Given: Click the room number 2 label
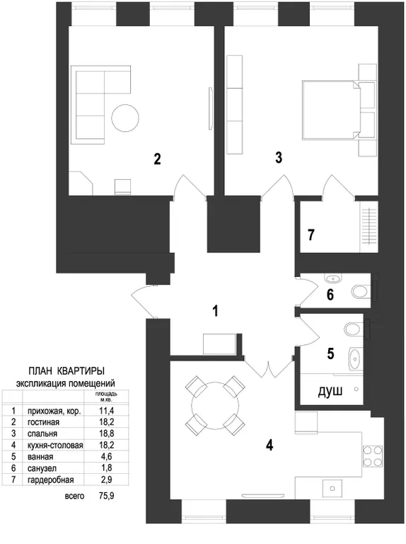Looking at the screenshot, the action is [x=157, y=159].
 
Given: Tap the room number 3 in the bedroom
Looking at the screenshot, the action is [x=279, y=157].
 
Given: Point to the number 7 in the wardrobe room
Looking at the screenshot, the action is [x=311, y=235].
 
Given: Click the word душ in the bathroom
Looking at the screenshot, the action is [x=330, y=391].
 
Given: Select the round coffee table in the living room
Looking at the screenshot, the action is [x=125, y=118].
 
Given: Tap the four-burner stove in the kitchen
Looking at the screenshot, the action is [x=372, y=456].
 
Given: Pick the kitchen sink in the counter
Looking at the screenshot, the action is [x=332, y=489].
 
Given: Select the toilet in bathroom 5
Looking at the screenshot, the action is [x=354, y=329].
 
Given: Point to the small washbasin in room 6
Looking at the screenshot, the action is [x=333, y=278].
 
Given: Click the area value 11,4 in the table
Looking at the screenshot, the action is [x=106, y=411].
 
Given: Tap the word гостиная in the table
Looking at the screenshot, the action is [x=43, y=422].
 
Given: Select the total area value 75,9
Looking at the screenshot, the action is [x=106, y=496].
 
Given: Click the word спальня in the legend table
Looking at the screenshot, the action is [x=42, y=433].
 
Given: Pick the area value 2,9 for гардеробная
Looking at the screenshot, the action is [x=107, y=480].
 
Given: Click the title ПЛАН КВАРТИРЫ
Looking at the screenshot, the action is [x=66, y=371].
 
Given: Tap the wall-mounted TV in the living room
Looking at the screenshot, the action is [x=210, y=108].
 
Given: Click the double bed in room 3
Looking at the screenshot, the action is [x=331, y=110].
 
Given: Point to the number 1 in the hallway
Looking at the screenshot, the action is [x=216, y=311].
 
